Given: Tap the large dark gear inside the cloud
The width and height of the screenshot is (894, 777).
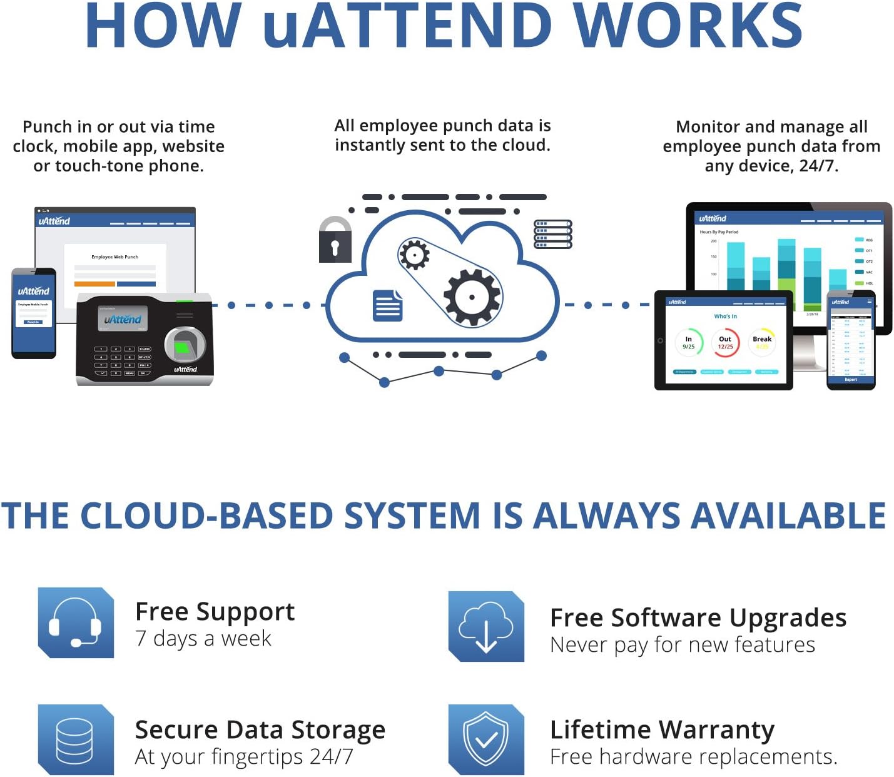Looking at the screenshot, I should (x=472, y=297).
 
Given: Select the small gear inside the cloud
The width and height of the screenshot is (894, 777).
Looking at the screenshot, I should (x=414, y=255).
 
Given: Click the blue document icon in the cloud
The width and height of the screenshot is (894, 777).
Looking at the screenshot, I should (x=388, y=305).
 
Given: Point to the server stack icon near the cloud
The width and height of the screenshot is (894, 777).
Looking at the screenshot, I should (x=552, y=234).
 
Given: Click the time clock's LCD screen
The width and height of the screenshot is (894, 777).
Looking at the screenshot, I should (x=123, y=319).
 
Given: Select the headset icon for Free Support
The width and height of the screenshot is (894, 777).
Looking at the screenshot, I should (x=76, y=622).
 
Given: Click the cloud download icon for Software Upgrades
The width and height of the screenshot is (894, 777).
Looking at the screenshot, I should (x=486, y=626).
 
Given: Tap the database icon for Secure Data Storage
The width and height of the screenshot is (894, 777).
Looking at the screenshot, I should (x=76, y=739).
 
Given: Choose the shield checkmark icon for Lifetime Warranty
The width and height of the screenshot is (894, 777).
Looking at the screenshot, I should (x=486, y=739).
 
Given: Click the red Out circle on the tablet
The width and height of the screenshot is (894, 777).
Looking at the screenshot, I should (x=725, y=342).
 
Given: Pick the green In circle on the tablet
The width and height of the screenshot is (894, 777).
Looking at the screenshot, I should (x=689, y=342).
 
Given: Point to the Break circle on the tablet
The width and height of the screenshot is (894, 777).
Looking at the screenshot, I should (x=762, y=342).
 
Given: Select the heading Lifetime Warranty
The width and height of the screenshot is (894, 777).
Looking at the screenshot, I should (x=662, y=729).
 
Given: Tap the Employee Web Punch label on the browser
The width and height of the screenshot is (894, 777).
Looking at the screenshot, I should (x=114, y=256).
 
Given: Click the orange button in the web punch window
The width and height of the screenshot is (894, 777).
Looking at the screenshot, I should (x=94, y=284).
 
